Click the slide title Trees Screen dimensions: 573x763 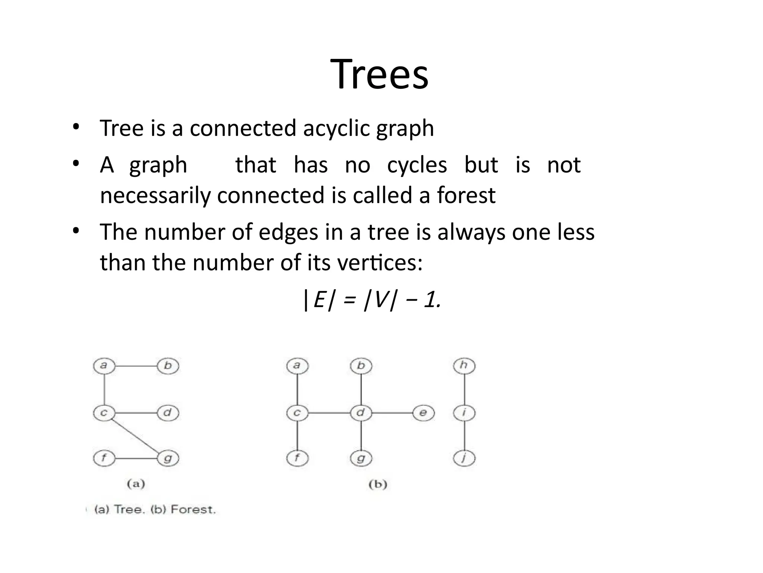[379, 75]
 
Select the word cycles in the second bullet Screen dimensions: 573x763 [417, 165]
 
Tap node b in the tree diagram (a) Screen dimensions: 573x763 [168, 366]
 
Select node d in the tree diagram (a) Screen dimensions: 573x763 [168, 413]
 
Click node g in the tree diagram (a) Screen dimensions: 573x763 [168, 458]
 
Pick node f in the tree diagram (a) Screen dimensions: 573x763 [104, 458]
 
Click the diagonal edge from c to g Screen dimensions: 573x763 [136, 435]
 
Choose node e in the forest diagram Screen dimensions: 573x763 [424, 413]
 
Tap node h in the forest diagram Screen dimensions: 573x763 [464, 366]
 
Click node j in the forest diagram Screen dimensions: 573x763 [464, 458]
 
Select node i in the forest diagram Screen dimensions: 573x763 [464, 413]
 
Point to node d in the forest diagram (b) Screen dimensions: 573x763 [361, 413]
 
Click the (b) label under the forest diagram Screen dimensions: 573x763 [378, 484]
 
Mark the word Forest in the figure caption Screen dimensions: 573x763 [193, 510]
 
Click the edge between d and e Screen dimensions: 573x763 [392, 413]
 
